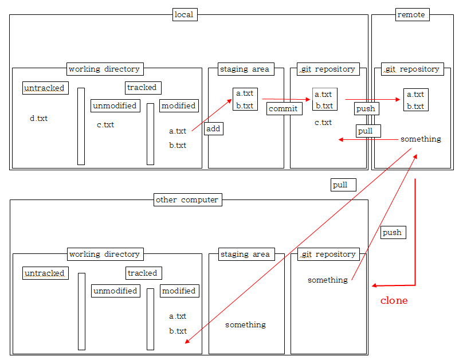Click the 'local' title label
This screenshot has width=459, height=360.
click(x=185, y=14)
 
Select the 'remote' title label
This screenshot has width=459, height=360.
click(x=411, y=14)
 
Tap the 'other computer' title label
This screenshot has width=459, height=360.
click(x=187, y=199)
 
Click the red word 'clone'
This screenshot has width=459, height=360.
click(x=394, y=300)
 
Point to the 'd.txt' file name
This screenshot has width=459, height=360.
click(x=38, y=119)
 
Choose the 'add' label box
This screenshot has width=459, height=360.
click(x=213, y=129)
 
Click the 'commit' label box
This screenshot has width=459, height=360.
click(x=284, y=109)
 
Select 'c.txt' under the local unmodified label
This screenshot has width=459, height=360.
click(x=105, y=125)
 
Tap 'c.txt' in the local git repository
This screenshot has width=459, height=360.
click(x=323, y=123)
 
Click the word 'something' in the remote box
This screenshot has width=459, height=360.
click(x=421, y=139)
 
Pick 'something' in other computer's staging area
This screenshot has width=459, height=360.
click(x=245, y=325)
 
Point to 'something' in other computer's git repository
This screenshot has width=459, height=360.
click(x=328, y=280)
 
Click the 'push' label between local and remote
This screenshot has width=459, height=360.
click(x=366, y=109)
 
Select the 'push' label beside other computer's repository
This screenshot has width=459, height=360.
click(x=393, y=233)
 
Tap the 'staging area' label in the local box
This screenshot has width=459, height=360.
click(x=245, y=69)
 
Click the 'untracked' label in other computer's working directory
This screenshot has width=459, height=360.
click(x=45, y=273)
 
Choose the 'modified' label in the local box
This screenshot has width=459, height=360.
click(x=179, y=105)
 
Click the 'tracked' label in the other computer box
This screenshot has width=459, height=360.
click(x=143, y=273)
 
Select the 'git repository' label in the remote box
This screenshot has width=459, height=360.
click(x=413, y=69)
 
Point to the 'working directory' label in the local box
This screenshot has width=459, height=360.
click(x=104, y=69)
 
